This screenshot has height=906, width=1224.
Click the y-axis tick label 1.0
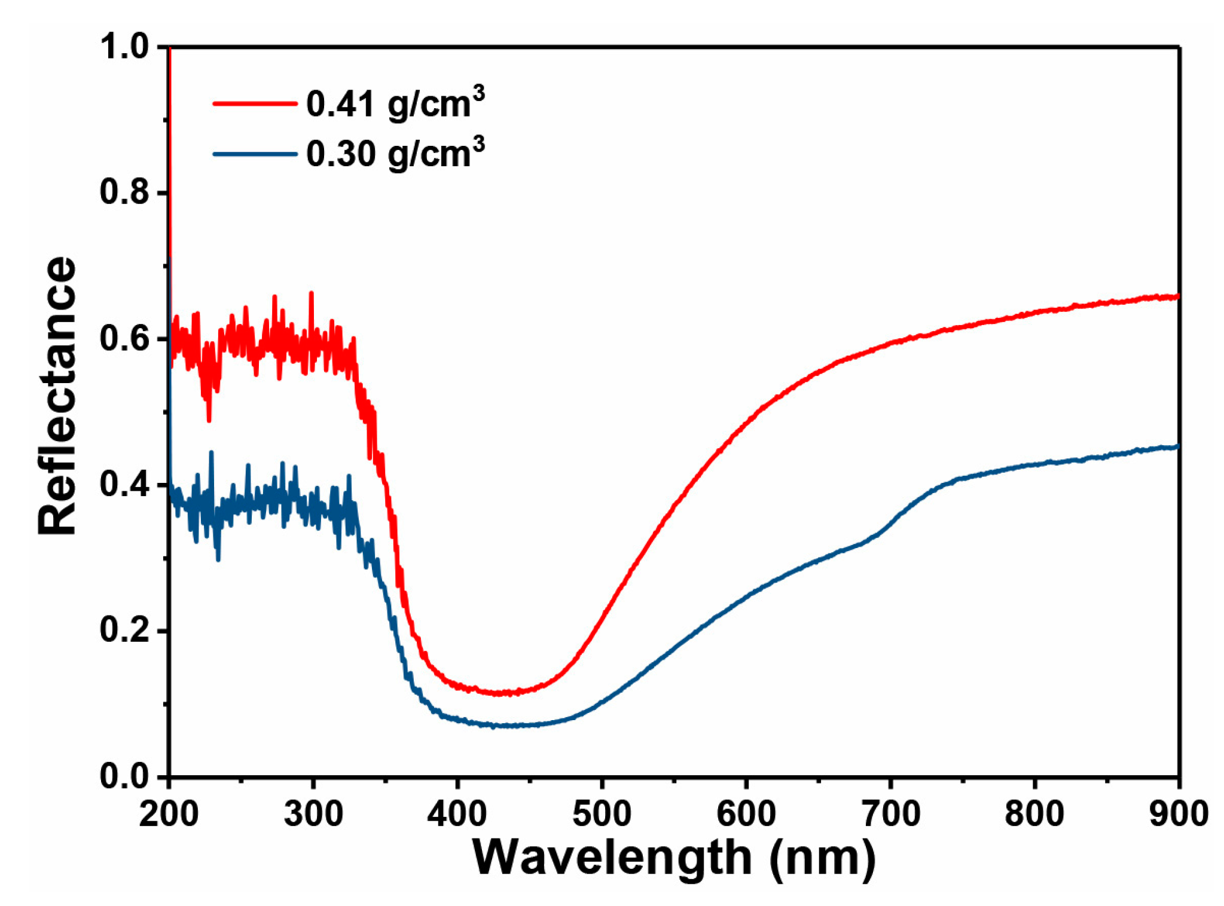pyautogui.click(x=124, y=47)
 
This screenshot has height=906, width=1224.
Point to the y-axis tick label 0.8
pyautogui.click(x=124, y=192)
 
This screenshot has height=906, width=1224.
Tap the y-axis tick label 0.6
pyautogui.click(x=124, y=339)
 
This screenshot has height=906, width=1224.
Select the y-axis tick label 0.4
pyautogui.click(x=124, y=485)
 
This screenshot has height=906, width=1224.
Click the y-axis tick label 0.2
pyautogui.click(x=124, y=630)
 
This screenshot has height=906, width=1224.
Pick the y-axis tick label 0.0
pyautogui.click(x=124, y=776)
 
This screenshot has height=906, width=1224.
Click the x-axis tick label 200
pyautogui.click(x=169, y=814)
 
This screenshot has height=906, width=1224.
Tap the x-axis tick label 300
pyautogui.click(x=313, y=814)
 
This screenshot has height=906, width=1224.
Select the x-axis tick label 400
pyautogui.click(x=457, y=814)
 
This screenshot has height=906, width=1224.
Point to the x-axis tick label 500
pyautogui.click(x=602, y=814)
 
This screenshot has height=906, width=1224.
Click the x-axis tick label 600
pyautogui.click(x=746, y=814)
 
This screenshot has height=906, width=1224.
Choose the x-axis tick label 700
pyautogui.click(x=890, y=814)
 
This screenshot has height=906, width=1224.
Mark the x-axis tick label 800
pyautogui.click(x=1034, y=814)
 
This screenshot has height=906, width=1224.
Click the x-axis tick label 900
pyautogui.click(x=1178, y=814)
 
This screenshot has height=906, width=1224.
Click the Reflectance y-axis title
pyautogui.click(x=57, y=396)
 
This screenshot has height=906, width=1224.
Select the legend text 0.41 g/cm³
pyautogui.click(x=395, y=104)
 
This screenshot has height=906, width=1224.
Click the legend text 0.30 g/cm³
pyautogui.click(x=395, y=154)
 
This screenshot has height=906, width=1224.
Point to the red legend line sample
pyautogui.click(x=255, y=104)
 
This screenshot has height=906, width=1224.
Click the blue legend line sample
pyautogui.click(x=255, y=154)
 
